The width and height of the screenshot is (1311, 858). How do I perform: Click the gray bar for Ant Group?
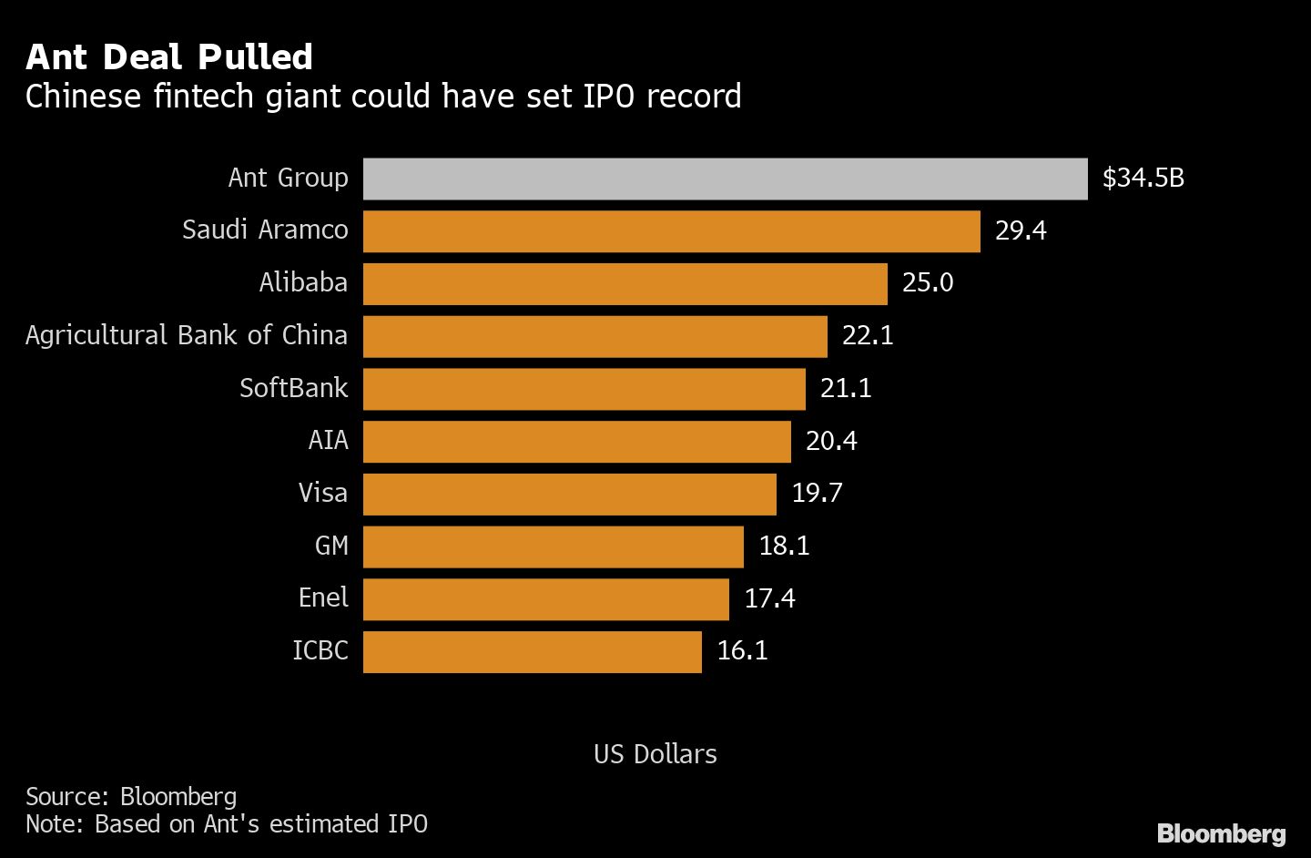pos(725,179)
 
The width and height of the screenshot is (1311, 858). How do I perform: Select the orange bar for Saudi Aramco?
pos(671,231)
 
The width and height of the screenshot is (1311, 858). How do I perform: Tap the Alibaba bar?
pos(625,284)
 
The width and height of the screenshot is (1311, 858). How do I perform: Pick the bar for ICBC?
pos(532,652)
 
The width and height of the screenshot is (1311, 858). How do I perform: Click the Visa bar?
pos(569,494)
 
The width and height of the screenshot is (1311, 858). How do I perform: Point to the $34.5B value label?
pos(1143,178)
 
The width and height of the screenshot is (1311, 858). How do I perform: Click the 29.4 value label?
pos(1021,230)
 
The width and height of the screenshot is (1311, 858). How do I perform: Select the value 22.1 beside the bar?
pos(868,336)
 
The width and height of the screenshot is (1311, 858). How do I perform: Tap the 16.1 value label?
pos(742,650)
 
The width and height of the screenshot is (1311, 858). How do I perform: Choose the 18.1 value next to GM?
pos(784,546)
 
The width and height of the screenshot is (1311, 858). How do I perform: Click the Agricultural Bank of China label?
pos(187,335)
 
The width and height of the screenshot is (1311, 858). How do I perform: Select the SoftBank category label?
pos(293,388)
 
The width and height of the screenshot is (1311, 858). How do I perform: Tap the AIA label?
pos(328,441)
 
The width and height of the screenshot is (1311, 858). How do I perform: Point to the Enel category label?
pos(323,598)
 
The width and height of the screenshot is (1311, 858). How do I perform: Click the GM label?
pos(331,546)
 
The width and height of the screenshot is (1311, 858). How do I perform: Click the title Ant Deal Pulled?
pos(169,57)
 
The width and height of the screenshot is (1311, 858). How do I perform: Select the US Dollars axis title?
pos(655,754)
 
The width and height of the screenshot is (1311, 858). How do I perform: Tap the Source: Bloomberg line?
pos(131,797)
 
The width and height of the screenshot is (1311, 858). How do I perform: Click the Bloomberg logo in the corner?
pos(1221,833)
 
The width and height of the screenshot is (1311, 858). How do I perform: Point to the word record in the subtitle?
pos(694,97)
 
